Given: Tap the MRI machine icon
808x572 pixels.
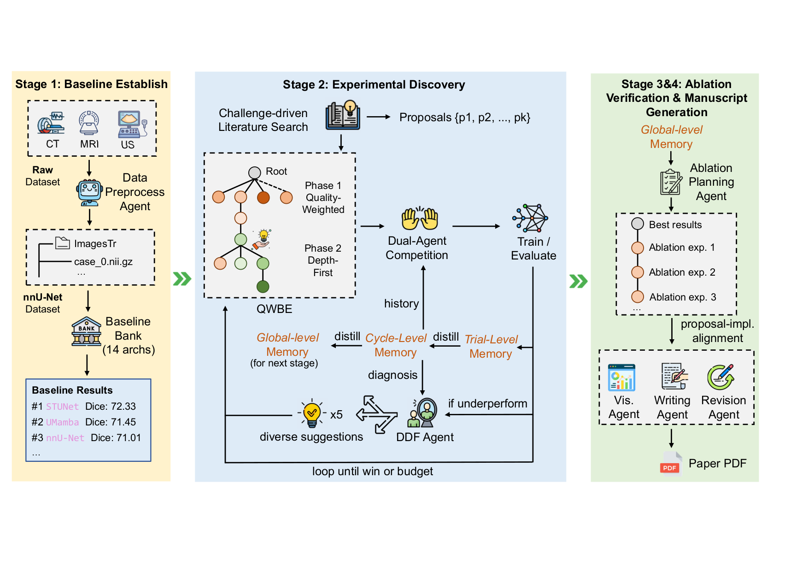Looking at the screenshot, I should (89, 123).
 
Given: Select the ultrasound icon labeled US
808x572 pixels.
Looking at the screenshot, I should (131, 124).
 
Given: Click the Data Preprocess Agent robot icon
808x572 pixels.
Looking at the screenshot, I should (89, 192).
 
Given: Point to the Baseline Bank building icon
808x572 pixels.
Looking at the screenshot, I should (86, 331).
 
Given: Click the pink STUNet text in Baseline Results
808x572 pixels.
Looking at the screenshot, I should (62, 407).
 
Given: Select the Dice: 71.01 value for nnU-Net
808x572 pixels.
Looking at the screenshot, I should (116, 438).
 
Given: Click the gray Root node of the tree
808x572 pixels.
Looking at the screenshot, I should (254, 172).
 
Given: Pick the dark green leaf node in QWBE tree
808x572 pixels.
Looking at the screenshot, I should (263, 287).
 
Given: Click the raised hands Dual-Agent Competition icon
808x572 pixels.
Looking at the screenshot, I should (419, 218).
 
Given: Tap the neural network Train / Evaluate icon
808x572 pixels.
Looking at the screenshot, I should (531, 218).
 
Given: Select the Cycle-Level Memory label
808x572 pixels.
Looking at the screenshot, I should (396, 345).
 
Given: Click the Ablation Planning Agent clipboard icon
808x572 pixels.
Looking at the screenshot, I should (670, 182).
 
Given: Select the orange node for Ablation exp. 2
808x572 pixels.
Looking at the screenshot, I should (637, 272).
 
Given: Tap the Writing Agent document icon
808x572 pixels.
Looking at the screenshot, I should (673, 377).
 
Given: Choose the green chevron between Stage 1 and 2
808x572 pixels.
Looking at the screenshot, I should (182, 279).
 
